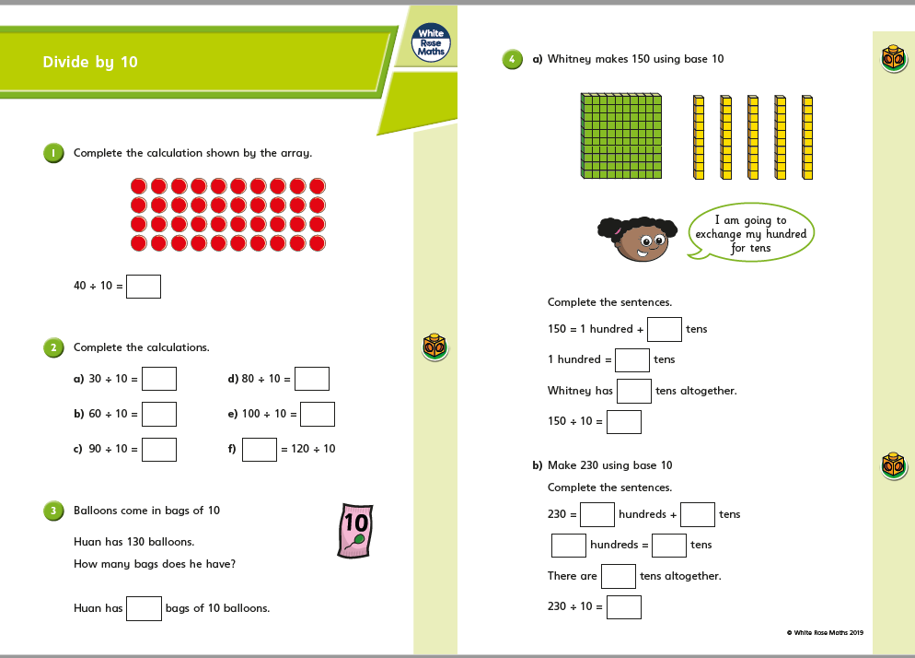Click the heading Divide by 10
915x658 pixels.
tap(90, 63)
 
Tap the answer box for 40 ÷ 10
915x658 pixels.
tap(144, 287)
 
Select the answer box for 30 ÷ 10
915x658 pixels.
tap(159, 379)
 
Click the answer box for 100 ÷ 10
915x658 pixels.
tap(318, 415)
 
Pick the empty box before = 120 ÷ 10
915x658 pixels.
tap(260, 449)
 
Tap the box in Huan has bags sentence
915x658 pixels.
tap(145, 608)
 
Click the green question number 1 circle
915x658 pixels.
tap(54, 153)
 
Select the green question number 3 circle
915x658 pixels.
tap(54, 511)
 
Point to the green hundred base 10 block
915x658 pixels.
tap(621, 135)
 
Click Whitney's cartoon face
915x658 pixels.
tap(634, 239)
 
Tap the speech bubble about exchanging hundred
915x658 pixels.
tap(751, 234)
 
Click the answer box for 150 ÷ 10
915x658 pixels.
tap(624, 422)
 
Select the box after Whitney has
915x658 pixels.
tap(634, 391)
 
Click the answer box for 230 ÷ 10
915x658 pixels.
tap(624, 606)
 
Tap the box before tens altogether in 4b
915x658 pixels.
tap(619, 576)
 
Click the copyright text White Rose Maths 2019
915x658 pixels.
tap(825, 631)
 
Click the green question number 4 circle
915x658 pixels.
tap(512, 59)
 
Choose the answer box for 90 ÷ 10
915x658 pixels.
tap(159, 449)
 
